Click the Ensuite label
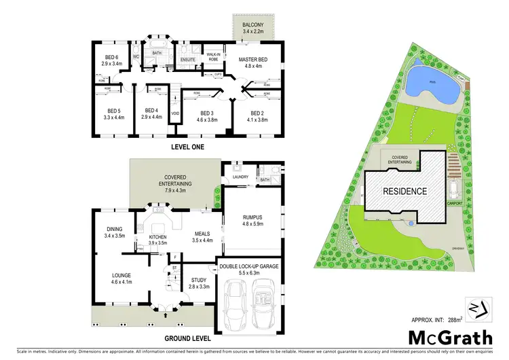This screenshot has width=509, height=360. (189, 60)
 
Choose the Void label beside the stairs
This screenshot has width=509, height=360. (175, 113)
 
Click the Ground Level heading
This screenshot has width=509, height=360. (187, 337)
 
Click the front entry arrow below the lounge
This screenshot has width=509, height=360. (166, 314)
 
